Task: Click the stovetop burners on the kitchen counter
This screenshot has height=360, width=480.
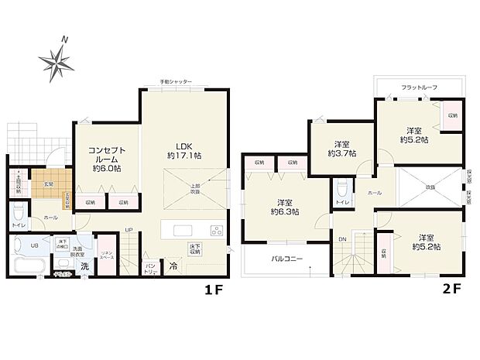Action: tap(216, 230)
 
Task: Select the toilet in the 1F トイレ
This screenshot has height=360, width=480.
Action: tap(18, 211)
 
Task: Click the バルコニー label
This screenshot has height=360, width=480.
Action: tap(286, 260)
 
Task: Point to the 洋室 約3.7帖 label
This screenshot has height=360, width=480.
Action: tap(341, 149)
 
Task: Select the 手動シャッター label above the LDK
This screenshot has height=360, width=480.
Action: tap(176, 81)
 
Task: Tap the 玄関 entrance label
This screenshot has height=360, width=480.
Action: tap(47, 183)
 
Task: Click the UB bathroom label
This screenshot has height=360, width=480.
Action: tap(34, 245)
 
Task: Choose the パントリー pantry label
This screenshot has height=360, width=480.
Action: tap(151, 269)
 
